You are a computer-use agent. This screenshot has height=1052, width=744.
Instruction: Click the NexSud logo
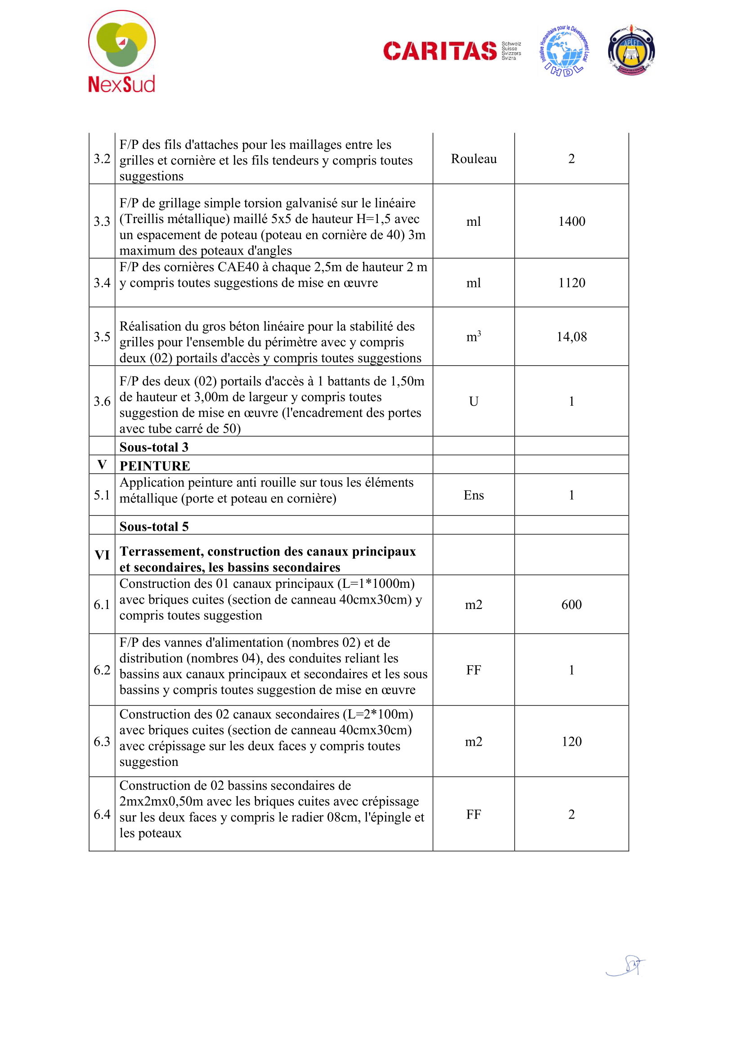[121, 51]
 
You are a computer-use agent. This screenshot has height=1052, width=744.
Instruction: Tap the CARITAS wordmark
[439, 51]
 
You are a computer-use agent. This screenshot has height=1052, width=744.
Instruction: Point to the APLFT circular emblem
[631, 51]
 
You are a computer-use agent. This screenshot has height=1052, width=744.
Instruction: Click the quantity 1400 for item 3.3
[571, 221]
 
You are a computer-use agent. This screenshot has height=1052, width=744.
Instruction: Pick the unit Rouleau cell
[473, 158]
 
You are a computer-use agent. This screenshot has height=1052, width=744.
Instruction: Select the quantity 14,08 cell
[571, 337]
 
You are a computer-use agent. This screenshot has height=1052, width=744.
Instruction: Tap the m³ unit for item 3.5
[473, 337]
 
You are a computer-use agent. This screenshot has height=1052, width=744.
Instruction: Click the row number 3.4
[102, 283]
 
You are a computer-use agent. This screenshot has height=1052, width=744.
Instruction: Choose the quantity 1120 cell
[571, 283]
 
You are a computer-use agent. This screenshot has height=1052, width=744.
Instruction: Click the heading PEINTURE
[154, 466]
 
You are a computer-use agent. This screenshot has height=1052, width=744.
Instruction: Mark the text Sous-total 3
[153, 447]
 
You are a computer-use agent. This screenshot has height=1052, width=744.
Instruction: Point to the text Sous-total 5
[153, 526]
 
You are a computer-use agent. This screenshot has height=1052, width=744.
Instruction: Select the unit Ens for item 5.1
[473, 495]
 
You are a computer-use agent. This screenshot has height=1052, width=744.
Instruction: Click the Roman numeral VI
[102, 555]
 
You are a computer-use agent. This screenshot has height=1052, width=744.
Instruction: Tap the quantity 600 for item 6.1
[571, 604]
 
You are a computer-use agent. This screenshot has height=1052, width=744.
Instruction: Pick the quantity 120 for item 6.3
[571, 741]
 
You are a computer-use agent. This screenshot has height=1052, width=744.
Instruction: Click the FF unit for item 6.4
[473, 814]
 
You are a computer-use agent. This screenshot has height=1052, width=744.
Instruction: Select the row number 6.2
[102, 670]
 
